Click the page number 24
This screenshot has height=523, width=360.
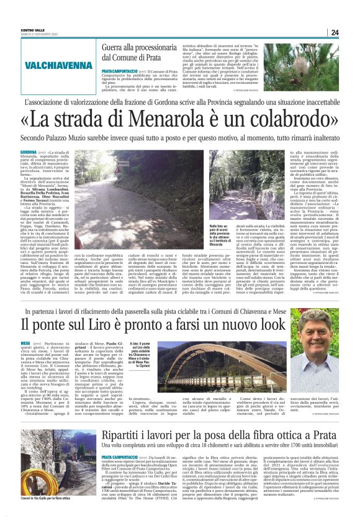[334, 32]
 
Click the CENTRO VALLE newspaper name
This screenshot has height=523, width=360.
[32, 29]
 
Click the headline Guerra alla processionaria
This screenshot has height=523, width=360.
[140, 47]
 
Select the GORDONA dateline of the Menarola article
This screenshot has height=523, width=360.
[29, 152]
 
